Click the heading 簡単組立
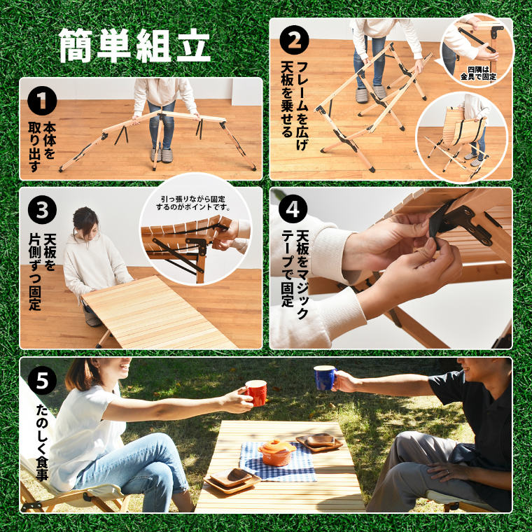click(135, 46)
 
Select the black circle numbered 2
click(293, 40)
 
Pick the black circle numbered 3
click(42, 209)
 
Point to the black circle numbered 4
click(293, 209)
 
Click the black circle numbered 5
click(42, 380)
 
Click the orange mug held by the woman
click(255, 393)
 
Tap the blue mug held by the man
click(324, 378)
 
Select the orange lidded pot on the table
click(277, 451)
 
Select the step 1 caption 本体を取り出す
click(42, 148)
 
